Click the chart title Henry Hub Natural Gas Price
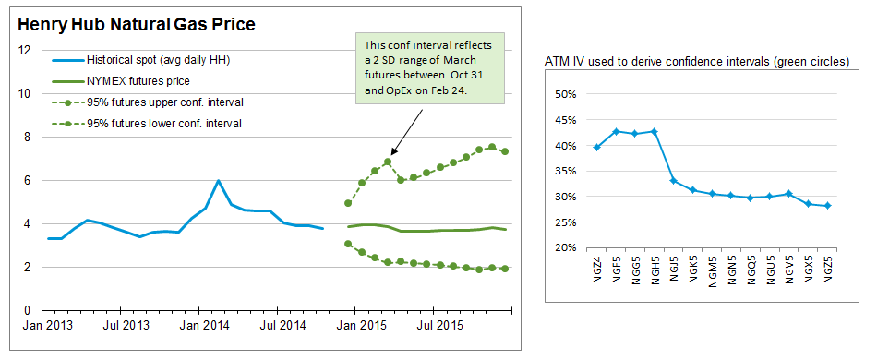pos(137,24)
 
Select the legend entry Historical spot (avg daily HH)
pos(142,60)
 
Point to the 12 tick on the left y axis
pos(24,51)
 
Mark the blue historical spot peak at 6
pos(218,181)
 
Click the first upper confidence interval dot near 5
pos(348,203)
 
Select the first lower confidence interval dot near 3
pos(348,244)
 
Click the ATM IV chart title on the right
pos(697,62)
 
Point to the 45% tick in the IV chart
pos(566,120)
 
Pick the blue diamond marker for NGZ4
pos(597,147)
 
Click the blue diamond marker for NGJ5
pos(673,181)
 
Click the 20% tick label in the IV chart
pos(566,247)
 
